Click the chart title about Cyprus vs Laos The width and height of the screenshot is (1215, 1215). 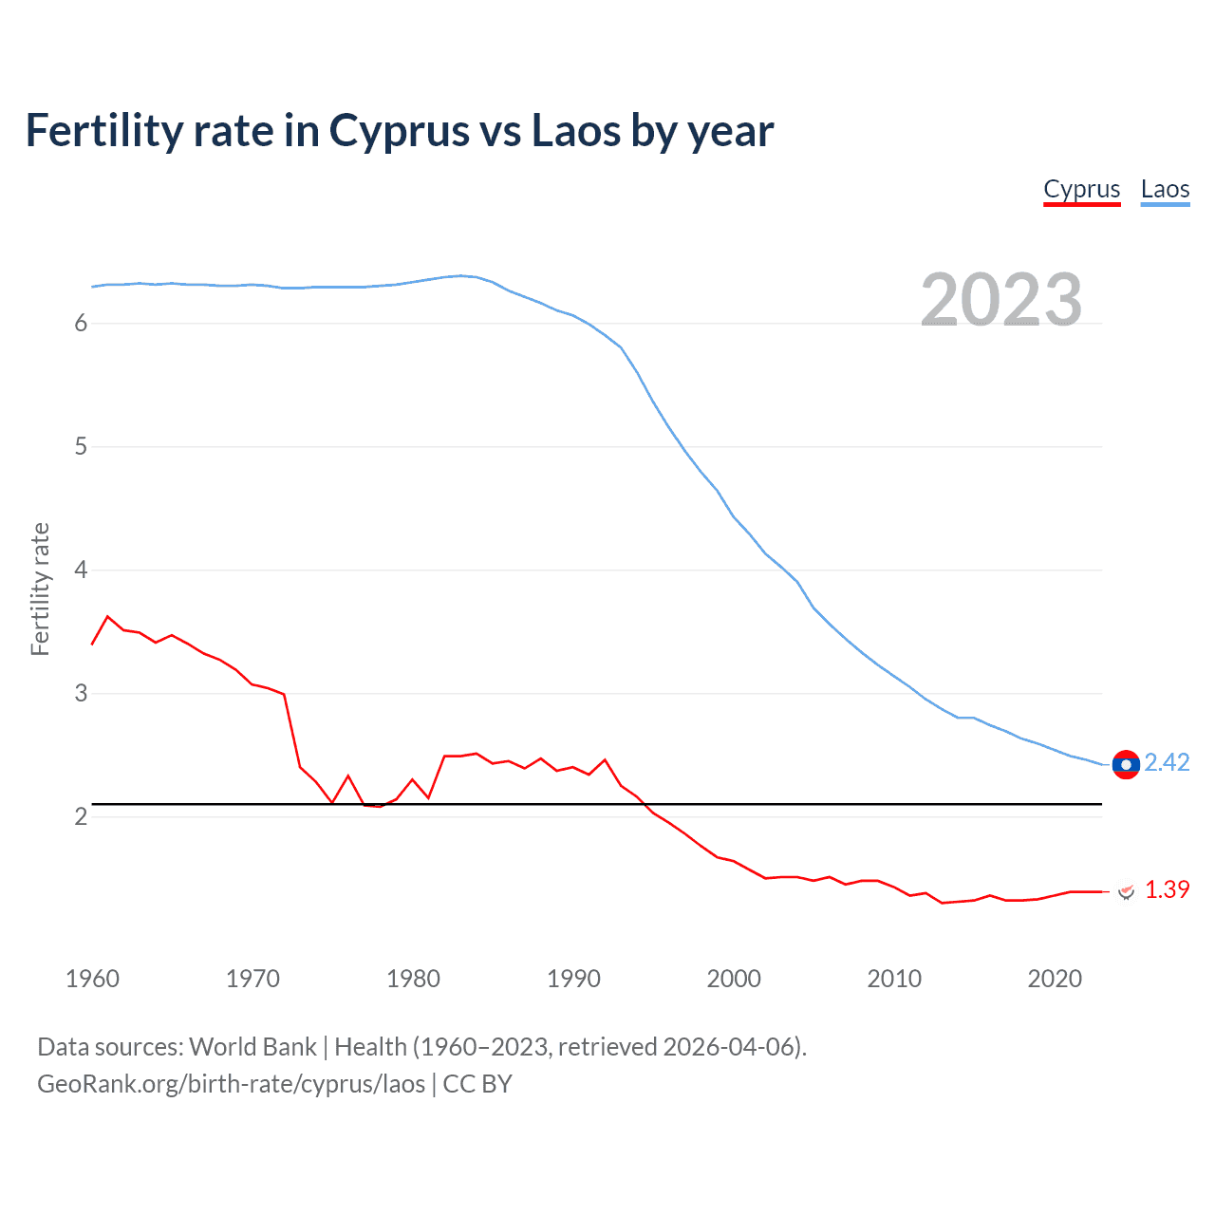[400, 131]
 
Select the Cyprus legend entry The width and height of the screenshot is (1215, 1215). [1082, 189]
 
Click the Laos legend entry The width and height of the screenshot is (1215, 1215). [1165, 189]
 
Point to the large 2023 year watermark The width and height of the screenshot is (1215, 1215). [1001, 300]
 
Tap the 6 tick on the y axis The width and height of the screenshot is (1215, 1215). [81, 324]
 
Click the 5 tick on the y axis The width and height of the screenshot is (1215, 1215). [81, 447]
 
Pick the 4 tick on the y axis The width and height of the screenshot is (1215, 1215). [81, 570]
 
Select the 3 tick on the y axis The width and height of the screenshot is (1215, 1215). [81, 694]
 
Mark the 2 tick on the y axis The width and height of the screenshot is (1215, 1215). [81, 817]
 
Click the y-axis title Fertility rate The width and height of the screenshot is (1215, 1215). [40, 589]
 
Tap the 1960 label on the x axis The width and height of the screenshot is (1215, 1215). [92, 979]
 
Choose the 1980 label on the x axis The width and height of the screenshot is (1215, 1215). [413, 979]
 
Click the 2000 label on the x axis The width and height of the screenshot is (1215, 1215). [734, 979]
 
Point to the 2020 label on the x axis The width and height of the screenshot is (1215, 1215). [1055, 979]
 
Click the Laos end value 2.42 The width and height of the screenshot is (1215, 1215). [1167, 763]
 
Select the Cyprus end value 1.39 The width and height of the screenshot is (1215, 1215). [1167, 889]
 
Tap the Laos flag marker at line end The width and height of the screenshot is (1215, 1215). [1126, 764]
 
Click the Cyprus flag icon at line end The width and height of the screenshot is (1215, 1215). [1127, 891]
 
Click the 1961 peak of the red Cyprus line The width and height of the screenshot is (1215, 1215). [107, 616]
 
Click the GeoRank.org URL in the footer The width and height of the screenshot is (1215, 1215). [231, 1084]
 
